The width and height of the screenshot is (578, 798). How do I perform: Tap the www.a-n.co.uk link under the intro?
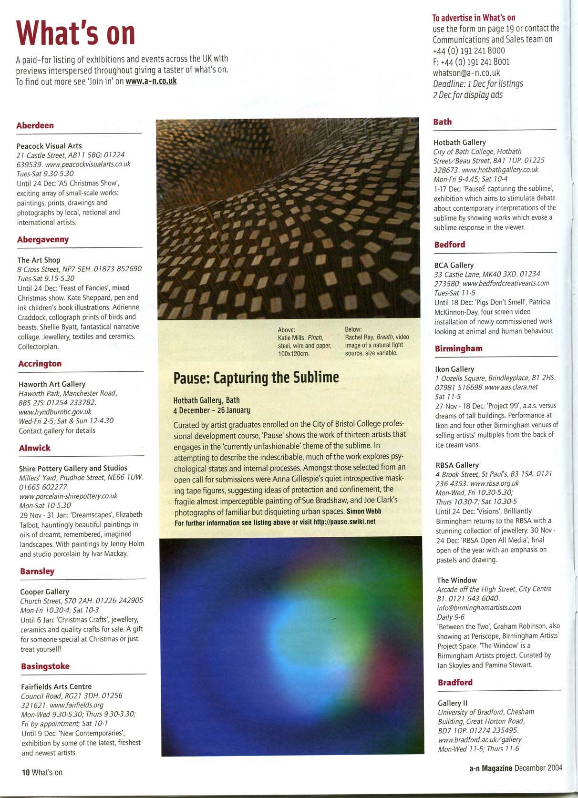tap(151, 81)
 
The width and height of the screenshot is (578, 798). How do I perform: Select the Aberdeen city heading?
tap(35, 125)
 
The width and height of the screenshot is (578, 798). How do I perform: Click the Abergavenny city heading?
tap(43, 239)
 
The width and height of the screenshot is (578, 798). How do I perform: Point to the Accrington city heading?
tap(40, 364)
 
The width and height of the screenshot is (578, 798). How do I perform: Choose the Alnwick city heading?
tap(34, 448)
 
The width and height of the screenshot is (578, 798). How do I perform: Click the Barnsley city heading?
tap(37, 571)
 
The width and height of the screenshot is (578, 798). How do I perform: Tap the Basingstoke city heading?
tap(45, 666)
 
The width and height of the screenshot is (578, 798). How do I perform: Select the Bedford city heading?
tap(449, 245)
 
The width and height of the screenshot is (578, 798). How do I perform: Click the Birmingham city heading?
tap(458, 348)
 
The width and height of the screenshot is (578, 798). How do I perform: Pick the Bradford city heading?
tap(455, 682)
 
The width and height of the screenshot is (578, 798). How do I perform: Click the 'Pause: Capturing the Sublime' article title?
tap(256, 378)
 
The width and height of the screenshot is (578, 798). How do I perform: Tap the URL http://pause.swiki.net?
tap(344, 522)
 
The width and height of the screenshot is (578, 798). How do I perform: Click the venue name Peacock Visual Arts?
tap(49, 146)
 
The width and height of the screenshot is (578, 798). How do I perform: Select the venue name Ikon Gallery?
tap(454, 369)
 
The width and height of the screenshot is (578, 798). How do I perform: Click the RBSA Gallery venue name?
tap(457, 465)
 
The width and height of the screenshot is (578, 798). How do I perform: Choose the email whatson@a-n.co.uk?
tap(466, 72)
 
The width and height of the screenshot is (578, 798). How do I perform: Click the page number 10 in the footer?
tap(25, 772)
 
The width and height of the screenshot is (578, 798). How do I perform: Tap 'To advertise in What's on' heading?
tap(474, 18)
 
